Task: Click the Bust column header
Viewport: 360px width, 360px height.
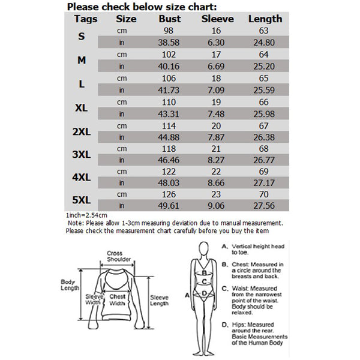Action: click(169, 19)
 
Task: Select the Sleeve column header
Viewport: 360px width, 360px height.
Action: click(217, 19)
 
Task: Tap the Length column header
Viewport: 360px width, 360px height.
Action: click(265, 19)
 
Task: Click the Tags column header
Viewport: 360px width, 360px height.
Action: click(86, 19)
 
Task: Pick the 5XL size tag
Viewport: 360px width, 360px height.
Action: click(81, 200)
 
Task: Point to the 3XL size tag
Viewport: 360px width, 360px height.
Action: click(81, 155)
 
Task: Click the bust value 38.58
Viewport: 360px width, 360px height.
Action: click(169, 43)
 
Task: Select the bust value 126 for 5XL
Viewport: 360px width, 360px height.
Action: click(169, 194)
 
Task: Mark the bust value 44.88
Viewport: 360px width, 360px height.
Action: click(169, 136)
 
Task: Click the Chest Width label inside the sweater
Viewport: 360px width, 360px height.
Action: click(117, 299)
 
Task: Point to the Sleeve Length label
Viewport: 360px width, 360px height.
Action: click(159, 301)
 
